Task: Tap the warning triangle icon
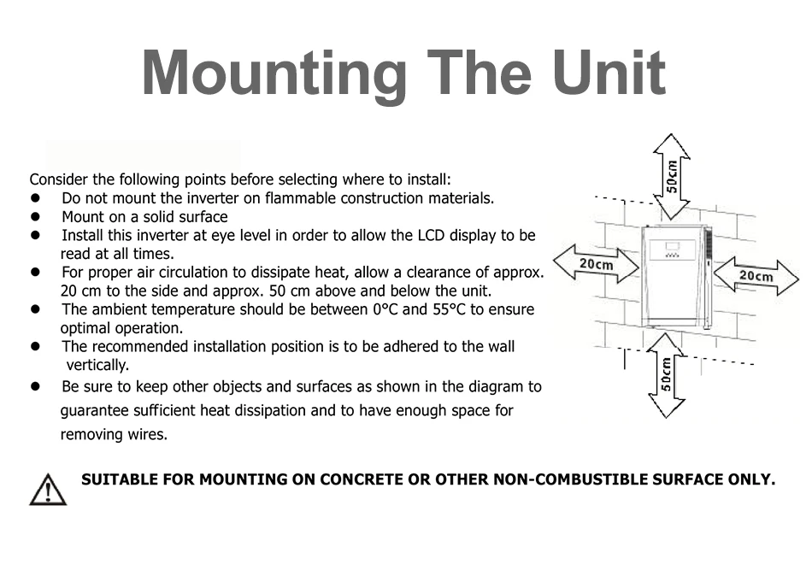tap(47, 490)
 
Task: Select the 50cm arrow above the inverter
tap(672, 175)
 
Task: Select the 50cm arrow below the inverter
tap(667, 375)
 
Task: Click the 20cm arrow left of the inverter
tap(596, 264)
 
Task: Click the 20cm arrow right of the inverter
tap(756, 276)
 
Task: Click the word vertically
tap(97, 366)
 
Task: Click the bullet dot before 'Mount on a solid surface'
tap(36, 217)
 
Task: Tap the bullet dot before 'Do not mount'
tap(36, 198)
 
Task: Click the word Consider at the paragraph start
tap(59, 179)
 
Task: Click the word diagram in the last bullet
tap(497, 386)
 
